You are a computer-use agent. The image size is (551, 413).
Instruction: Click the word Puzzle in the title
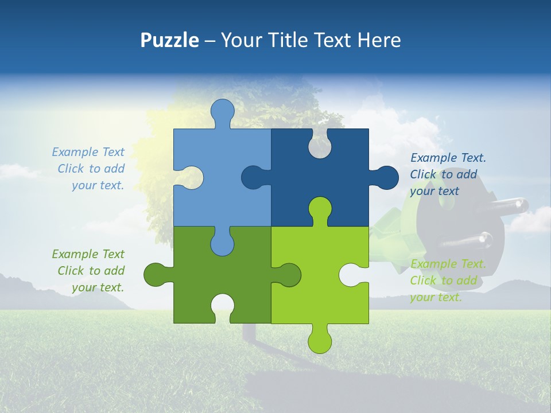pos(170,40)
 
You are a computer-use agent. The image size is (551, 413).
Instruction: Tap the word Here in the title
pos(379,40)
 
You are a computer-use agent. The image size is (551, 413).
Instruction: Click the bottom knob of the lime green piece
pos(320,339)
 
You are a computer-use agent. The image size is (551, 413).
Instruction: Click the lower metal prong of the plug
pos(482,237)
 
